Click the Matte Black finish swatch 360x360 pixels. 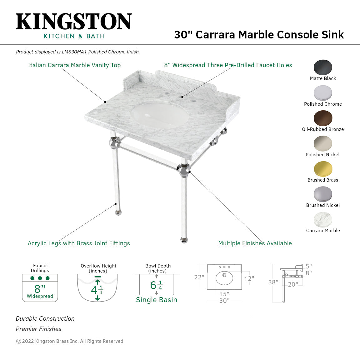(323, 67)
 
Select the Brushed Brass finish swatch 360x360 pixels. (323, 169)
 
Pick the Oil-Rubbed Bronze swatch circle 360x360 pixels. (323, 118)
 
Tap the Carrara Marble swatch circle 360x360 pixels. (323, 219)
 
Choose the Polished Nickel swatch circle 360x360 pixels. (323, 143)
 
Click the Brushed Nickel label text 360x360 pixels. (323, 205)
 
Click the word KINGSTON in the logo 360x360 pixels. (74, 22)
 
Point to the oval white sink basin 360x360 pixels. (160, 115)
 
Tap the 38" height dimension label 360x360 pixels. (273, 282)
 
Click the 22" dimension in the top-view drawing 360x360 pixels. (199, 277)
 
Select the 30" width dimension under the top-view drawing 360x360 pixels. (224, 301)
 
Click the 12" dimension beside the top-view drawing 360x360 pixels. (249, 278)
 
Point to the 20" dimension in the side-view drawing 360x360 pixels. (293, 284)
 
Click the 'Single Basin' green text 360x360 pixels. (157, 300)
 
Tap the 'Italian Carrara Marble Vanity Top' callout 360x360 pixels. (74, 65)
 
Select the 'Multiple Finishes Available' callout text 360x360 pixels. (255, 243)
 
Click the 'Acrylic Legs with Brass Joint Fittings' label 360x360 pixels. (79, 243)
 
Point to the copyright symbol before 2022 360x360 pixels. (18, 341)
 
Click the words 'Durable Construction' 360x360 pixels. (45, 319)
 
